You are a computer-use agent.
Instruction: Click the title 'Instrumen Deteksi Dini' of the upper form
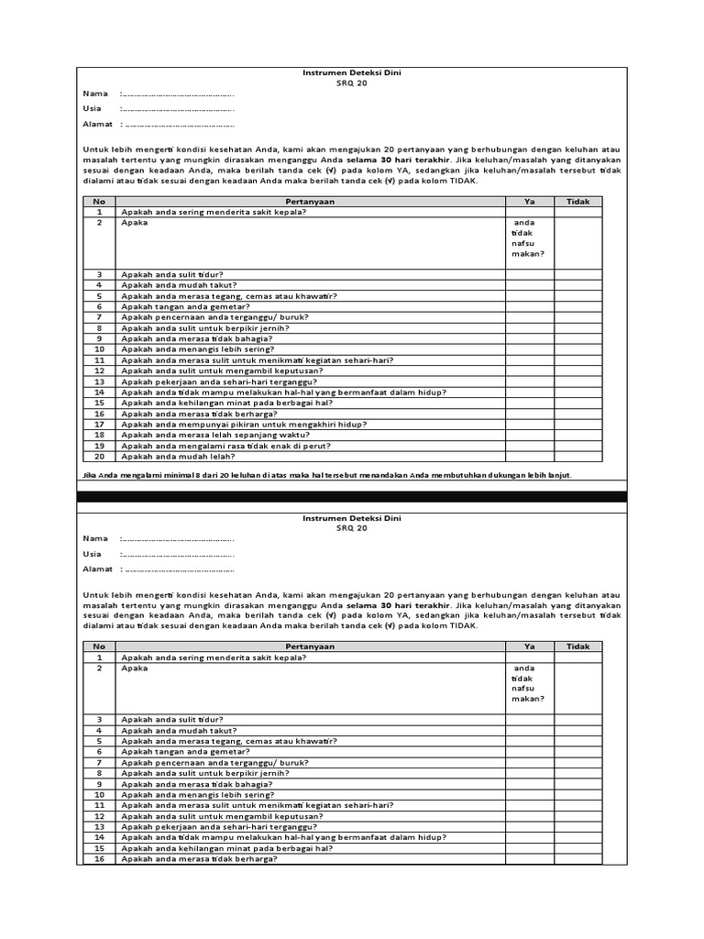click(351, 72)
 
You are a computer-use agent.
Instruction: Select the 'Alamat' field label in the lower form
click(97, 569)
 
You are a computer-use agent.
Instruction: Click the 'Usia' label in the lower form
click(92, 554)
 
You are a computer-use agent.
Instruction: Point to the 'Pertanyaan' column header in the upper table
click(310, 201)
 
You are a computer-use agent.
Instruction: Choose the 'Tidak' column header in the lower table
click(578, 646)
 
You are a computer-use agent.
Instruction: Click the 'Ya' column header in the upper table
click(529, 201)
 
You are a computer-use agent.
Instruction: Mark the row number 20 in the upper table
click(100, 456)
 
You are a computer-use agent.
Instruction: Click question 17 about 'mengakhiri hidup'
click(244, 425)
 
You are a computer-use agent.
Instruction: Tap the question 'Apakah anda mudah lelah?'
click(178, 456)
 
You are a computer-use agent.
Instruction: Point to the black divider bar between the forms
click(352, 496)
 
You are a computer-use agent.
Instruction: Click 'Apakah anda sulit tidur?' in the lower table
click(172, 720)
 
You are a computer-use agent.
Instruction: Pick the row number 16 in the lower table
click(100, 858)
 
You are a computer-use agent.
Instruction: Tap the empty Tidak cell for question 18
click(578, 435)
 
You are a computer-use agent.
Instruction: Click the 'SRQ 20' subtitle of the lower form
click(351, 528)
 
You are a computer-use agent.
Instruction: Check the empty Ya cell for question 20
click(529, 456)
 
